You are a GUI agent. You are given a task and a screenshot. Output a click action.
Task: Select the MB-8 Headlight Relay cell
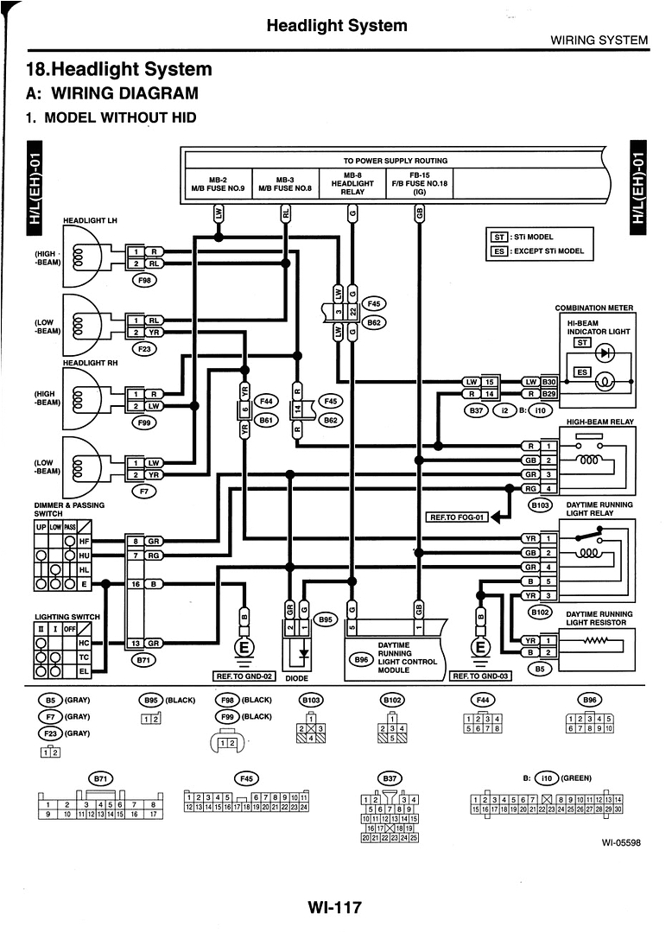[x=352, y=183]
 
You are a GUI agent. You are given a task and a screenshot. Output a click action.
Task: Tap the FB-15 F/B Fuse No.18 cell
[x=420, y=183]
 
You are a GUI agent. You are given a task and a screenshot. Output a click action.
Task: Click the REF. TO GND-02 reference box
[x=243, y=676]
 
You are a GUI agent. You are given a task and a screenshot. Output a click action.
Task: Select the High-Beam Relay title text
[x=599, y=422]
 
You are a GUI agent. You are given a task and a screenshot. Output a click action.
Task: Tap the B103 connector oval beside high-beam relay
[x=541, y=505]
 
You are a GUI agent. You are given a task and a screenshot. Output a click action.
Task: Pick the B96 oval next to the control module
[x=361, y=660]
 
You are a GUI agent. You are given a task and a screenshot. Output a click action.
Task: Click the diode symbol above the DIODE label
[x=301, y=654]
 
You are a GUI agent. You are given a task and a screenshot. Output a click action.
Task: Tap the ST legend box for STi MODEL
[x=498, y=237]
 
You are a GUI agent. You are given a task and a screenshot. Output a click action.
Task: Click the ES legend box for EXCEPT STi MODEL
[x=498, y=251]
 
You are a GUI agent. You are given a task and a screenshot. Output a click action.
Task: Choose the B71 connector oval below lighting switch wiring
[x=143, y=660]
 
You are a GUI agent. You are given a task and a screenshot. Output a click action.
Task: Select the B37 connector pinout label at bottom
[x=390, y=777]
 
